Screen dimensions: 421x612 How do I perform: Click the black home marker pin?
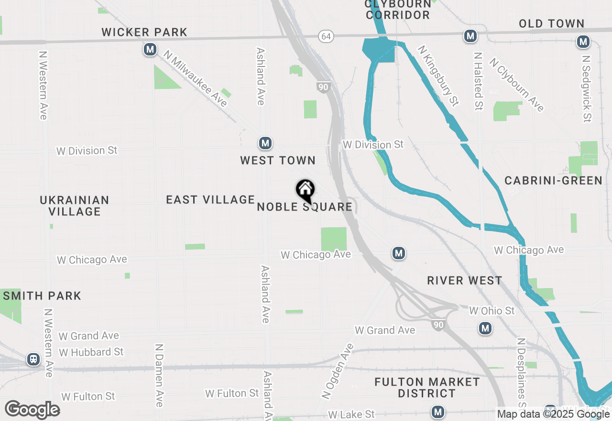[x=305, y=190]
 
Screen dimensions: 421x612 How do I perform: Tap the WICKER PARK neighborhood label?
[x=144, y=33]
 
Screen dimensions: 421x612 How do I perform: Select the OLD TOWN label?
[x=551, y=24]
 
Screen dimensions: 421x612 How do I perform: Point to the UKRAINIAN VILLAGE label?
[x=75, y=206]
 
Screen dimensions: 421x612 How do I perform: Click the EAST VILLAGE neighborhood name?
[x=210, y=199]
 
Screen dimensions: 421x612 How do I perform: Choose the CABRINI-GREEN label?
[x=553, y=181]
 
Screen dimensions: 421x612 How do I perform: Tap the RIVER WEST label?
[x=464, y=281]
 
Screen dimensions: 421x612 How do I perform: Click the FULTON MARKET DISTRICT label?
[x=427, y=388]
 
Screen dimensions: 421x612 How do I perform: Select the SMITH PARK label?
[x=42, y=296]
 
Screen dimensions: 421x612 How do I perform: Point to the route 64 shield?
[x=326, y=36]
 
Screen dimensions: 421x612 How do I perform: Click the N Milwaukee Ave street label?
[x=195, y=78]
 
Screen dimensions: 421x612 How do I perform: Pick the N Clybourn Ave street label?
[x=517, y=85]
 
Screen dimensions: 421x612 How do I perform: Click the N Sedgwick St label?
[x=587, y=88]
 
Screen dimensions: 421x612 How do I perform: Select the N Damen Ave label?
[x=159, y=375]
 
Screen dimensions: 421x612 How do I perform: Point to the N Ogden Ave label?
[x=339, y=371]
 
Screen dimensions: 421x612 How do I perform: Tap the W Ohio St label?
[x=492, y=311]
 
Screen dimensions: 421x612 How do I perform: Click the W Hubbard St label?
[x=91, y=353]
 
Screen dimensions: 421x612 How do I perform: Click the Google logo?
[x=32, y=410]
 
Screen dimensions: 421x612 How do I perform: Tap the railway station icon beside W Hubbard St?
[x=33, y=359]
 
